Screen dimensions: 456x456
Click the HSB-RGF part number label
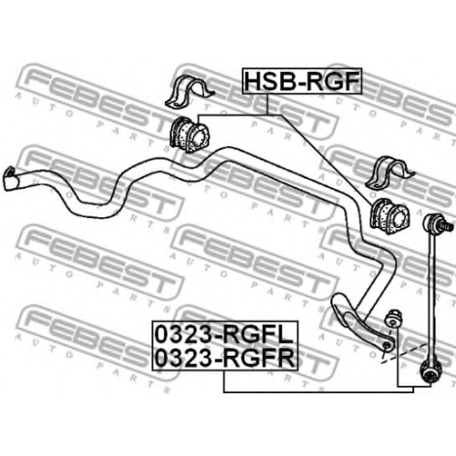[x=302, y=81]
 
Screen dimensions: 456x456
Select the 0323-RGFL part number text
[x=224, y=335]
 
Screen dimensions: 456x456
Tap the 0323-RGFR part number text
[x=224, y=358]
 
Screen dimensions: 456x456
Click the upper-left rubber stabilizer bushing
[x=186, y=134]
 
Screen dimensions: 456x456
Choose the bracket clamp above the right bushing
[x=389, y=172]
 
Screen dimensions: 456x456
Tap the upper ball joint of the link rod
[x=432, y=223]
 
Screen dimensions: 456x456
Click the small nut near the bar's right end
[x=393, y=318]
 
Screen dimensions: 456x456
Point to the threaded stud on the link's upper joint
[x=448, y=226]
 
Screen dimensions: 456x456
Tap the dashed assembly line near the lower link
[x=404, y=352]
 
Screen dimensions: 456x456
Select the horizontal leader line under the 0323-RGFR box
[x=318, y=392]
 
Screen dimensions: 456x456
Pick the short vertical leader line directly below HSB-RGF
[x=267, y=104]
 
